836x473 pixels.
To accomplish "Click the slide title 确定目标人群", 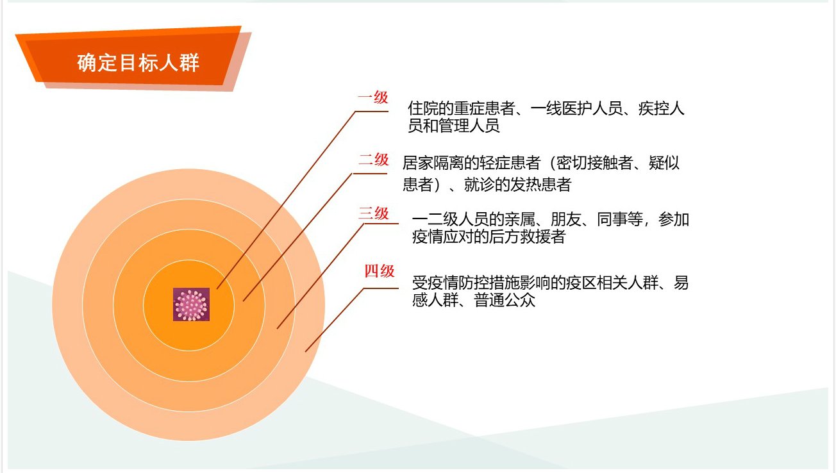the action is [x=138, y=63].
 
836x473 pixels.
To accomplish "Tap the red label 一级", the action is [x=373, y=97].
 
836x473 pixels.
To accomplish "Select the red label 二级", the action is [x=374, y=160].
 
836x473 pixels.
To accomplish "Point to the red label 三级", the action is [x=374, y=213].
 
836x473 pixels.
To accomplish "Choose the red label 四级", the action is [x=379, y=271].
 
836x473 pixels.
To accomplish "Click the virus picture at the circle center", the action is [x=191, y=304].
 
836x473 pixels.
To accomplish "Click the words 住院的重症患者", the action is [x=462, y=108].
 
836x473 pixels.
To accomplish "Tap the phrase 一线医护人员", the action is [x=576, y=108].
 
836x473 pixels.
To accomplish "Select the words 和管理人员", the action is [x=462, y=126].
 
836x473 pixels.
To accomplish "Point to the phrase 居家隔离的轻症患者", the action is [x=471, y=163].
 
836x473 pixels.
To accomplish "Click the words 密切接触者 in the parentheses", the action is [x=594, y=163].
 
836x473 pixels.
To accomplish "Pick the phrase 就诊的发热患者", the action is [x=517, y=185].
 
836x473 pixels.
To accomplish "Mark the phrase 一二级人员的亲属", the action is [x=474, y=220].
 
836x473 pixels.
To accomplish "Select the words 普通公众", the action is [x=505, y=301].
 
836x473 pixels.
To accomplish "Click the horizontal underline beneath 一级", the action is [x=372, y=111].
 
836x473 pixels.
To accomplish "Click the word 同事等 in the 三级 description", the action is [x=620, y=220].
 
